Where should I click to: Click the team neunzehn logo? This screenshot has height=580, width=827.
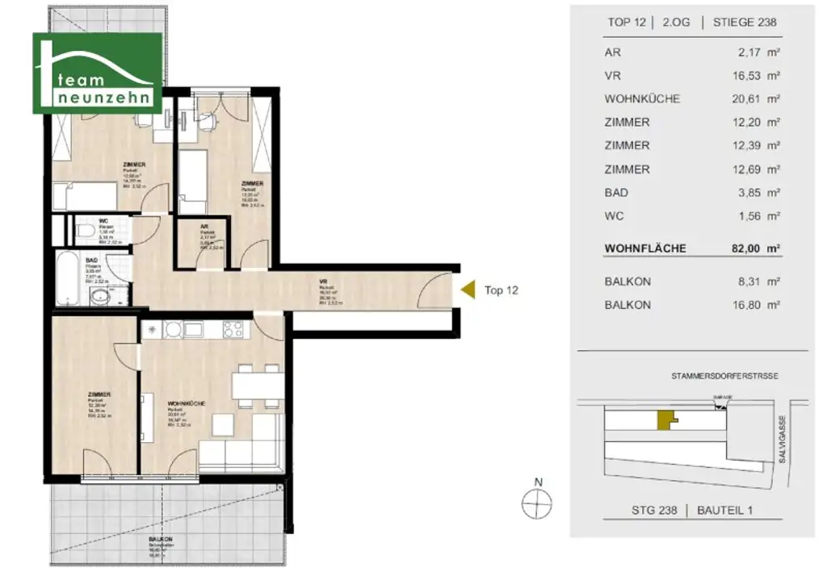coord(96,73)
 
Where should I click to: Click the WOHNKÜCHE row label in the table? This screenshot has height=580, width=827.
coord(642,99)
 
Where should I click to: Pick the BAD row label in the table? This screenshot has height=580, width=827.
coord(616,193)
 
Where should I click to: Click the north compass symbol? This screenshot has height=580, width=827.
coord(535,506)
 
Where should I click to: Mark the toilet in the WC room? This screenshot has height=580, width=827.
coord(85,233)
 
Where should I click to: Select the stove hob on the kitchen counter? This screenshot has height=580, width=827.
coord(232,329)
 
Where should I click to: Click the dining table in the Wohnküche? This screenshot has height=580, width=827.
coord(257,384)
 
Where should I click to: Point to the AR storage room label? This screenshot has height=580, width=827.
coord(205,227)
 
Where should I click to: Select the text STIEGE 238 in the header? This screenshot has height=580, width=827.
coord(745,23)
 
